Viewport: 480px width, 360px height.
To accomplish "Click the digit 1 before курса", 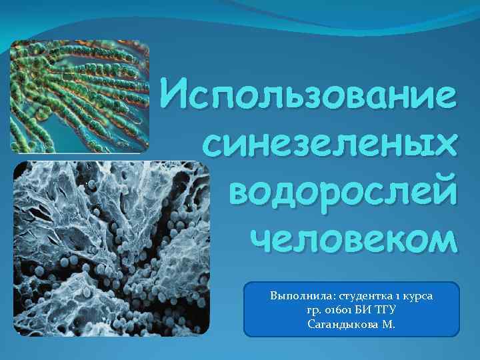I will click(397, 294).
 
